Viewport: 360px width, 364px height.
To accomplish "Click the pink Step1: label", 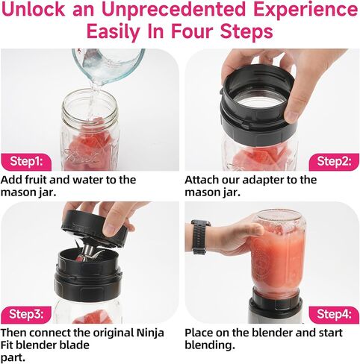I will click(27, 160).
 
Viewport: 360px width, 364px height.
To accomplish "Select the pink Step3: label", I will click(27, 313).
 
